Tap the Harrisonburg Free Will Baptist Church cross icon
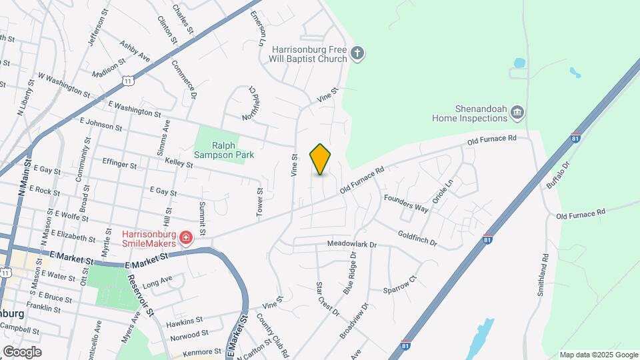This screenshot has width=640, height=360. coord(358,53)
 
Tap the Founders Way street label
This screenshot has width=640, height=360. coord(405,203)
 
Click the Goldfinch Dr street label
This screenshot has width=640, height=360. coord(417,238)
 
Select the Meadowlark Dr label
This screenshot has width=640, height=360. coord(352,245)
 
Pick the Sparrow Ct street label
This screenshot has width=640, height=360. coord(399,285)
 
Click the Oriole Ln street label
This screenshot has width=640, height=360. coord(443,191)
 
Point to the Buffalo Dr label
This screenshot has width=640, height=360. coord(557,175)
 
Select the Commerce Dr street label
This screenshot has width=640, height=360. coord(189,81)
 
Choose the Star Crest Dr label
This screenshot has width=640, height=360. coord(327,299)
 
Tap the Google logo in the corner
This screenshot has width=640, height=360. coord(22,351)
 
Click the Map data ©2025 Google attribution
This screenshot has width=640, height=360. coord(598,355)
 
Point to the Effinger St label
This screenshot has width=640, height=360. coord(119,163)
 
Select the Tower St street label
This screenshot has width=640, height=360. coord(260,201)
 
